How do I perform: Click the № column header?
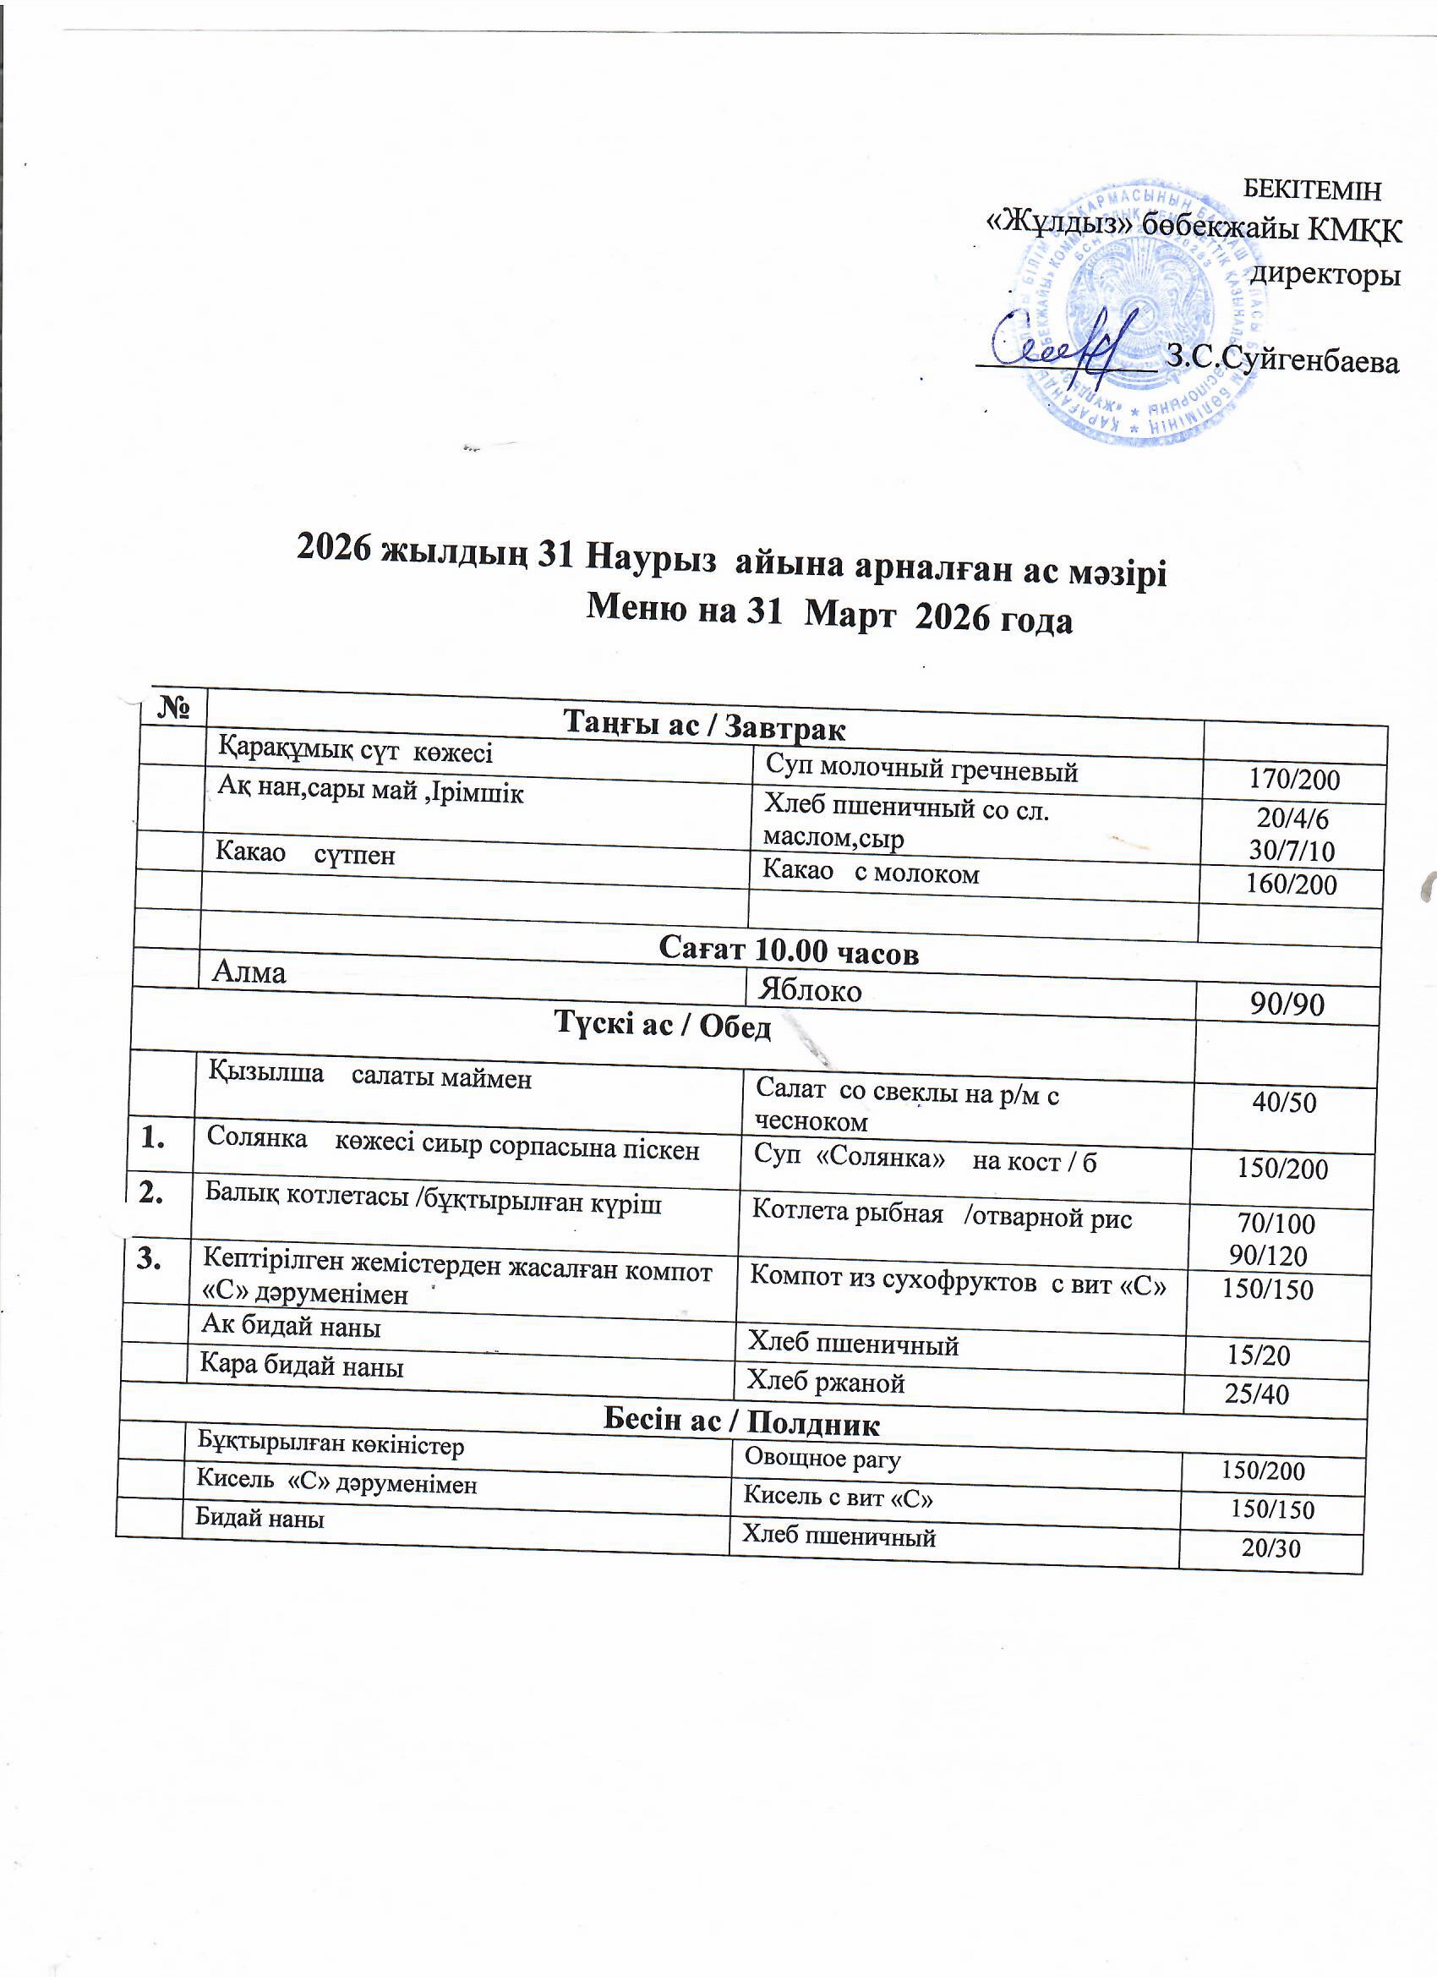[173, 707]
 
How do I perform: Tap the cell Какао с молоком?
[871, 873]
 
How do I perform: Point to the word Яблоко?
[810, 990]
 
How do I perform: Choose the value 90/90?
[1287, 1005]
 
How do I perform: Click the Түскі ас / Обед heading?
[663, 1026]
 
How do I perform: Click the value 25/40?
[1257, 1394]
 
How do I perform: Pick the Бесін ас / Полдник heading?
[741, 1424]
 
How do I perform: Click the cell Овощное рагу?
[822, 1459]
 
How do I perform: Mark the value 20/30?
[1270, 1548]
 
